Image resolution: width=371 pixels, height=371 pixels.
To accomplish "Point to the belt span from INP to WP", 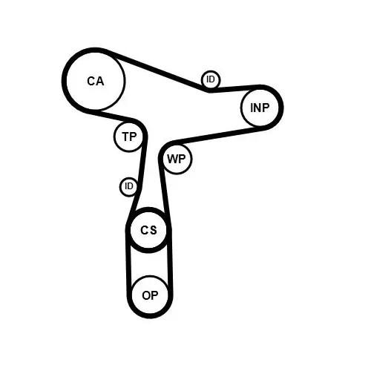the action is [x=217, y=136].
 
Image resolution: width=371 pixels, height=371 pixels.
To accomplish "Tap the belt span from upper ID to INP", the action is [x=234, y=88].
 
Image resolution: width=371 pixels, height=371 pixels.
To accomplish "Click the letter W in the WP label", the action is [x=172, y=159].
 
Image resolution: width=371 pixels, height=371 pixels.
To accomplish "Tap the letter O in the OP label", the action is [x=146, y=295].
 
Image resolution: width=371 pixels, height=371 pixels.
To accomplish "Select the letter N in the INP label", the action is [x=257, y=108].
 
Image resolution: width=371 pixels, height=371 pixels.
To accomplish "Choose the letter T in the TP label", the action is [x=125, y=137].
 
